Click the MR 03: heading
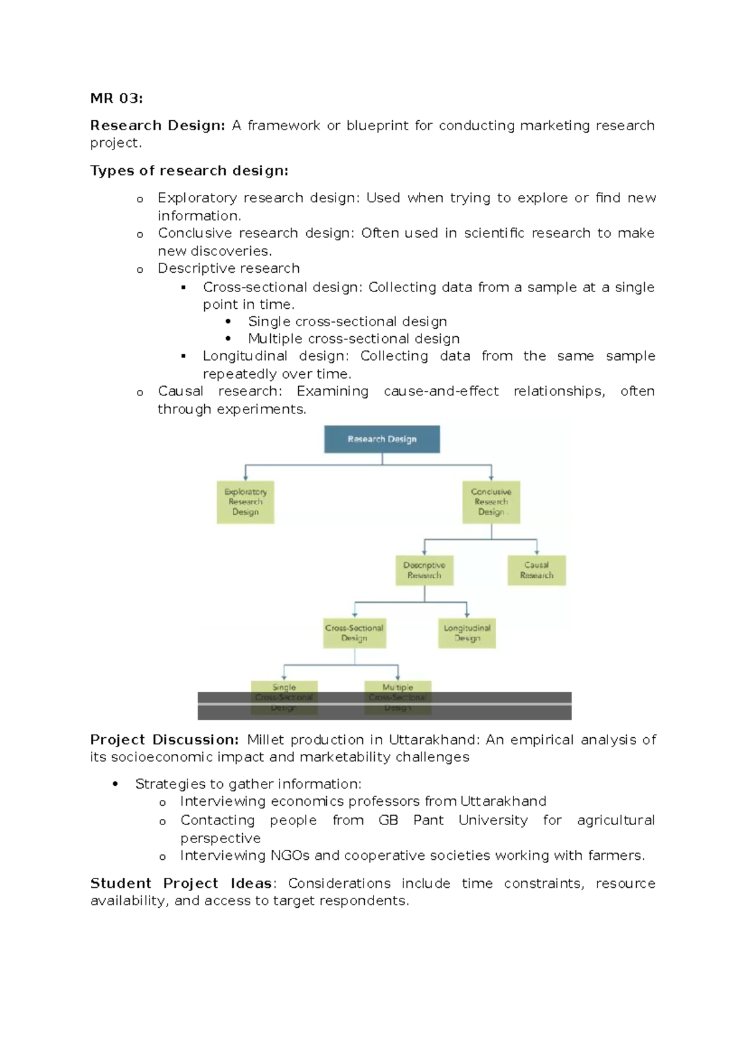pos(116,98)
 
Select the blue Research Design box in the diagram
pos(382,439)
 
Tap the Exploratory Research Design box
pos(245,502)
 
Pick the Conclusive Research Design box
pos(491,502)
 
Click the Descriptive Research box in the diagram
pos(424,570)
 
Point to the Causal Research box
pos(537,570)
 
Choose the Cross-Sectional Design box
pos(354,633)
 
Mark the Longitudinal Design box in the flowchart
pos(467,633)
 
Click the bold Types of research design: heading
pos(189,171)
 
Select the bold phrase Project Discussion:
pos(164,740)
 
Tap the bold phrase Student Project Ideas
pos(181,884)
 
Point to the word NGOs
pos(290,856)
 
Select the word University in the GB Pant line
pos(493,820)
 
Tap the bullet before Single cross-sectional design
pos(228,322)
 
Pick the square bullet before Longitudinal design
pos(183,356)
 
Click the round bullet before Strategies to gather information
pos(115,785)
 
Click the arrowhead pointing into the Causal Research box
pos(537,552)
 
